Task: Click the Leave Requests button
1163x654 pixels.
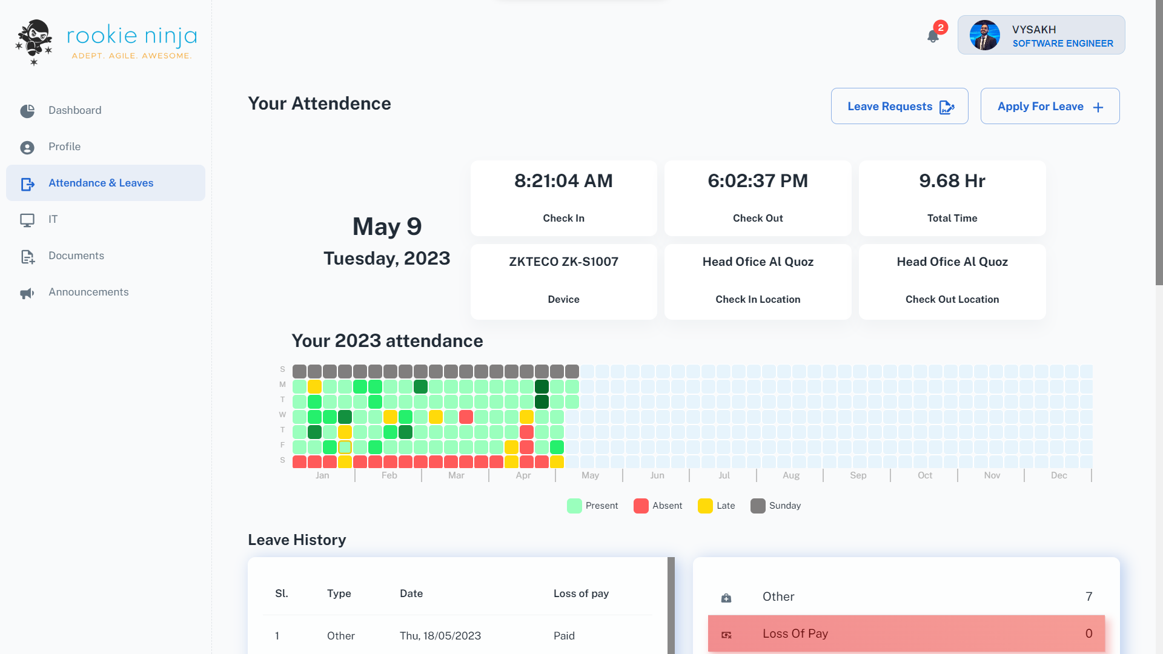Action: point(900,106)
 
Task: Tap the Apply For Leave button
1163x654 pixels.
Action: point(1050,106)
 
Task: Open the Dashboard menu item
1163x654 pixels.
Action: point(75,110)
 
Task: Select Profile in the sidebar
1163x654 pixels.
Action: point(64,147)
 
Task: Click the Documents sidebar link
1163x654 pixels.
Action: point(76,256)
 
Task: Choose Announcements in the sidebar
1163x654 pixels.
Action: point(88,292)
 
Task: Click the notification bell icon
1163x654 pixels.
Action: point(933,36)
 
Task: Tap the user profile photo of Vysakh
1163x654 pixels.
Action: point(984,35)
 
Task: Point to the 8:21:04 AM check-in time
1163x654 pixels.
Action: point(563,180)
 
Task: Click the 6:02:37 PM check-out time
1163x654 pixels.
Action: point(758,180)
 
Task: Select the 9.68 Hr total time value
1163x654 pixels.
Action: point(952,180)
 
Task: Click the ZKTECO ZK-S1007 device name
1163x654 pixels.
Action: point(563,262)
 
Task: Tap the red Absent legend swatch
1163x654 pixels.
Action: point(641,506)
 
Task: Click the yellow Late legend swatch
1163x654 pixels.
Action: point(705,506)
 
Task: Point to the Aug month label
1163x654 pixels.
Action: point(790,475)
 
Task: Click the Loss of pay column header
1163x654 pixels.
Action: point(581,593)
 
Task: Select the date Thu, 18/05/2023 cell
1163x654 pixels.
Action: point(440,636)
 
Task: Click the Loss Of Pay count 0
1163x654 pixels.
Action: point(1088,633)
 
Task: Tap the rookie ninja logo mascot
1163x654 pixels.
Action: point(35,41)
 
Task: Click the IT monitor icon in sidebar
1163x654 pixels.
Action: point(27,220)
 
